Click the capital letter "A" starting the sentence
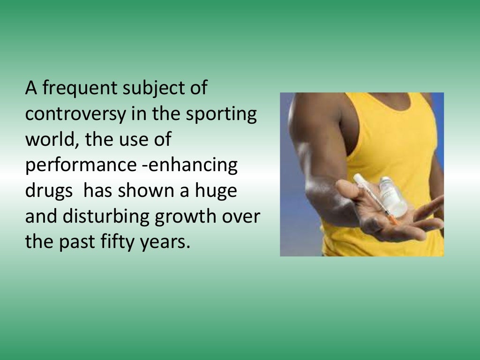coord(31,88)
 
